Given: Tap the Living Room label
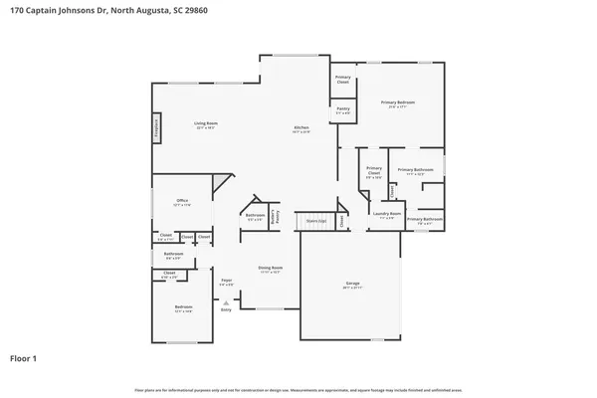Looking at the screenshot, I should (x=206, y=125).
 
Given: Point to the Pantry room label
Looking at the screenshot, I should (x=342, y=110).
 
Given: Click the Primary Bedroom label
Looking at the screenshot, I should (x=401, y=103).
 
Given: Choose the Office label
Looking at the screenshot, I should (x=181, y=202).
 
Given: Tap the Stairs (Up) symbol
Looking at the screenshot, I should (x=316, y=221).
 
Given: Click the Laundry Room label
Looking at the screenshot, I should (x=387, y=215).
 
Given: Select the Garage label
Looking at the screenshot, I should (x=352, y=285).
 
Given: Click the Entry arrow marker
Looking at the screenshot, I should (x=226, y=302).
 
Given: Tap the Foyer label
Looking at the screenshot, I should (x=227, y=283).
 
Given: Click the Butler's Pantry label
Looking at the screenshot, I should (x=279, y=214).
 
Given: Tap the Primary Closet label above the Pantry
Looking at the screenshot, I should (x=342, y=79).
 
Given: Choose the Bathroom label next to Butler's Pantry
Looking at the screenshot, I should (x=255, y=216).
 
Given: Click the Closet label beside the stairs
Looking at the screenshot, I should (x=341, y=221).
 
